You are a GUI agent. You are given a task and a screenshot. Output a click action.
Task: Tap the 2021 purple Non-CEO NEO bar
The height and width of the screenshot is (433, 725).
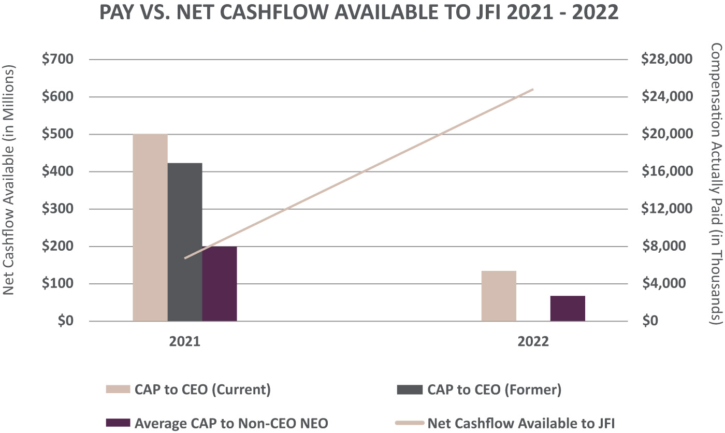(x=220, y=284)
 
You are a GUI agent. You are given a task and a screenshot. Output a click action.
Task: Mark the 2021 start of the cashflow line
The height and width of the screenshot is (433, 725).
(x=185, y=257)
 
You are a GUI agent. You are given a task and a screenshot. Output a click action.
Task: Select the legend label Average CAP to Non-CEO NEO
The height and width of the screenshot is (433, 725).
(x=231, y=423)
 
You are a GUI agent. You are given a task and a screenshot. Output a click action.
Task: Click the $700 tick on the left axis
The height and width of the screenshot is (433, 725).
(x=59, y=60)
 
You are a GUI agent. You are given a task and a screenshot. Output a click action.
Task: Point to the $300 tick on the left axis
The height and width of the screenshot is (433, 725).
(x=59, y=209)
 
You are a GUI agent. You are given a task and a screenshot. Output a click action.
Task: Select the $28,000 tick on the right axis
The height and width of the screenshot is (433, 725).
(x=666, y=60)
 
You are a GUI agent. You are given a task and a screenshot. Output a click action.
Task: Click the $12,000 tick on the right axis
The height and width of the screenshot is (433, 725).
(x=666, y=209)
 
